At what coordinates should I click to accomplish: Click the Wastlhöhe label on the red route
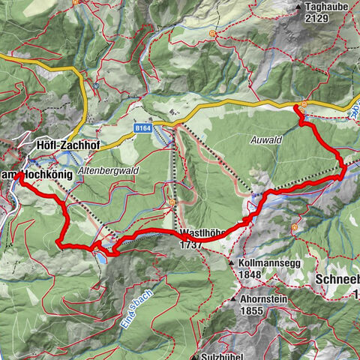pos(203,233)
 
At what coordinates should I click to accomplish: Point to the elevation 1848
pos(250,274)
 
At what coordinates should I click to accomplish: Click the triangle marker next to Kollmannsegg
pos(232,263)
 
